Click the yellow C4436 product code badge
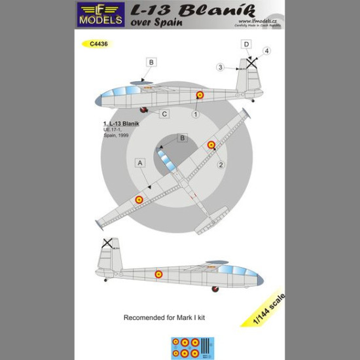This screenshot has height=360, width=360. [x=96, y=44]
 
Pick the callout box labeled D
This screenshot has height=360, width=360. [x=246, y=45]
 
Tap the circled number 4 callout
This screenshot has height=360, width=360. [x=266, y=51]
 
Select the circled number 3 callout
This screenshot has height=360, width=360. [x=221, y=67]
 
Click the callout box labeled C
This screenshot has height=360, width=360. [x=164, y=114]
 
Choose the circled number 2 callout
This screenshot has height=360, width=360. [x=221, y=165]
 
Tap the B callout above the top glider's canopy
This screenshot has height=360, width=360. [x=151, y=63]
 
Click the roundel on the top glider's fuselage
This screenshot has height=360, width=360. [x=200, y=95]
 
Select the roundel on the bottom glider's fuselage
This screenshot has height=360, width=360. [x=158, y=274]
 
